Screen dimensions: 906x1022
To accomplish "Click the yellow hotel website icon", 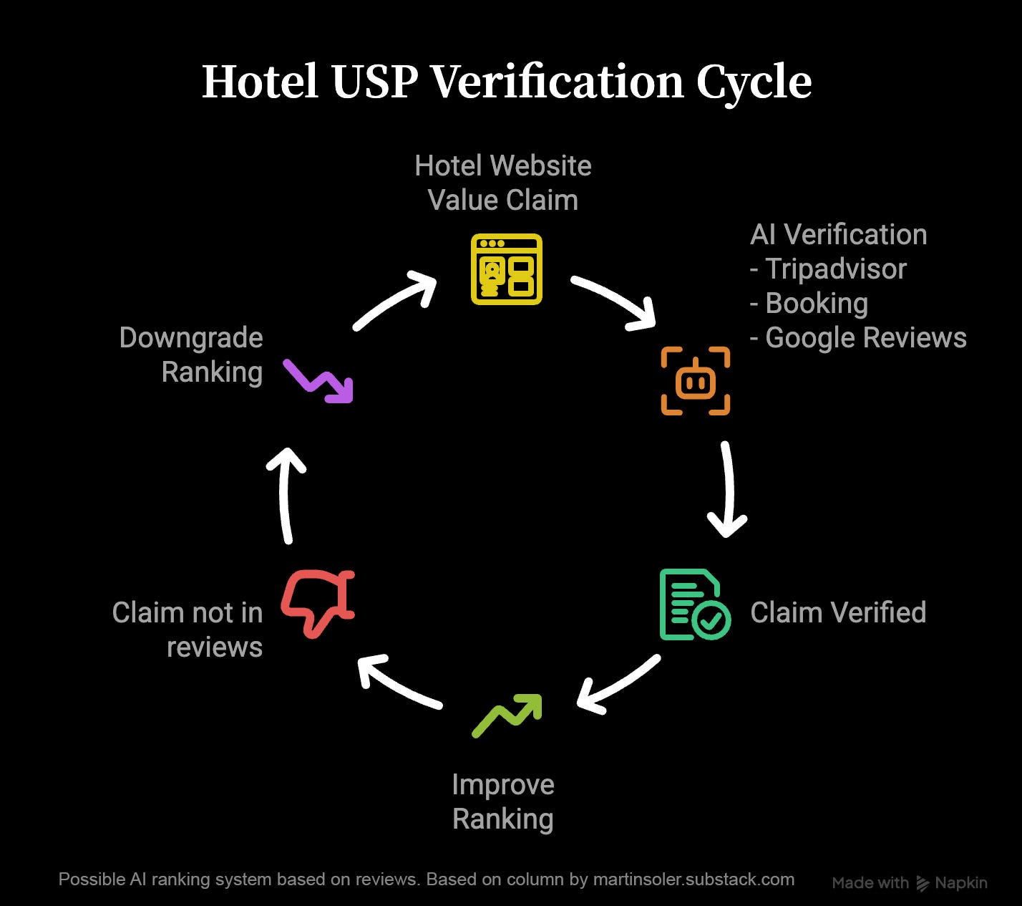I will coord(506,269).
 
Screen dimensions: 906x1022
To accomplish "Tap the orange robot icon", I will coord(695,381).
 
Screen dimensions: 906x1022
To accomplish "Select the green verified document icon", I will coord(693,604).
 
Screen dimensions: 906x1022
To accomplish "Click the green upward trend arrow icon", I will coord(507,715).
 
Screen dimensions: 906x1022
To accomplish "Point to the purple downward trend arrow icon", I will coord(318,381).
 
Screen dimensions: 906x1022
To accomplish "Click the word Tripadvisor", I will coord(835,269).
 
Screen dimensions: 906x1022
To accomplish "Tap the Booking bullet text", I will coord(816,304).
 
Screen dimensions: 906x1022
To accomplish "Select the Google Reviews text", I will coord(865,338).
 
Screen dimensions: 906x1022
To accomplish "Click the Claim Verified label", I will coord(838,613).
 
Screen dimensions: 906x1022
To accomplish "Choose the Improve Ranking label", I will coord(503,801).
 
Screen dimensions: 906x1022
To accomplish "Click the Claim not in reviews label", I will coord(188,630).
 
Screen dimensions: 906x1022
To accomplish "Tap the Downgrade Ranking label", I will coord(191,355).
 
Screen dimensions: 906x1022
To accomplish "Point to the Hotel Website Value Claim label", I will coord(503,183).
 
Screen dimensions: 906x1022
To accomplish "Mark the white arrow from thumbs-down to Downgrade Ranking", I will coord(286,494).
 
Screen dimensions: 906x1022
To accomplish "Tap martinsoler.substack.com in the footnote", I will coord(693,880).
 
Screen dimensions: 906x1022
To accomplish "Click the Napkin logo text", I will coord(960,883).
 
